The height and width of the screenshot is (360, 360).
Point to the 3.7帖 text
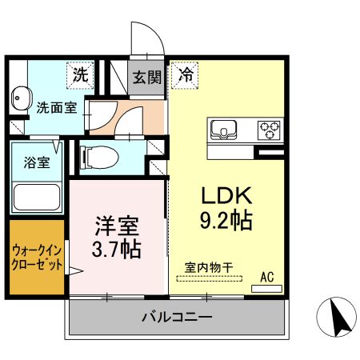click(114, 250)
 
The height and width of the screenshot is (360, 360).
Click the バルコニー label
click(177, 317)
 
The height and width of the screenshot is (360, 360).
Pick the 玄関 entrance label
click(147, 78)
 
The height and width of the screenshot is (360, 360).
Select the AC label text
click(267, 277)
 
